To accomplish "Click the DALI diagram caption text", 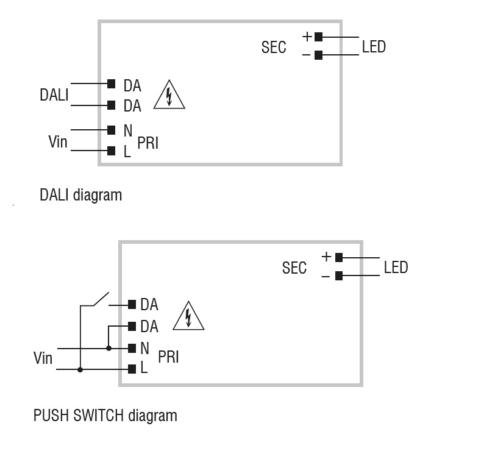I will [80, 195].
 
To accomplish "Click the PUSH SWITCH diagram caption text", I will [105, 416].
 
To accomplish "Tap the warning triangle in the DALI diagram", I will [169, 96].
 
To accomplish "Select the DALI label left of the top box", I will [54, 95].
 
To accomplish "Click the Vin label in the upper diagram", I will [58, 142].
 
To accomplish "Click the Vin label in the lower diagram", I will [43, 358].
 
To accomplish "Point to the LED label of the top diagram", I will [374, 46].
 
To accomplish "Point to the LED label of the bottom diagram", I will [396, 268].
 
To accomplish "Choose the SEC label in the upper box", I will [274, 48].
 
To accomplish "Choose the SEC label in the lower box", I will [294, 268].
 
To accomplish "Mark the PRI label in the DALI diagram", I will [148, 143].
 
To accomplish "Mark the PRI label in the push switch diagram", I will [168, 357].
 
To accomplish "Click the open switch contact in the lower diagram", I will [95, 298].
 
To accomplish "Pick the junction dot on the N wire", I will [109, 348].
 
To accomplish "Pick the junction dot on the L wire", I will [80, 369].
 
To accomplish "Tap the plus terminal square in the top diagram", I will [318, 37].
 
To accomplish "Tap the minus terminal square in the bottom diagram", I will [339, 275].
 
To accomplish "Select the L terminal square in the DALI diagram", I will [111, 151].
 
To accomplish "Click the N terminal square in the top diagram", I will [111, 130].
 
